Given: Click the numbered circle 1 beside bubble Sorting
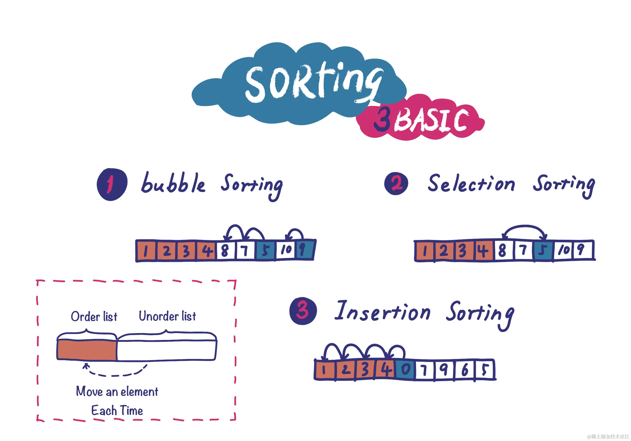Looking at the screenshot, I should point(112,185).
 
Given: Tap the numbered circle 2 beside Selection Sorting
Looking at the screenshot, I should point(396,184).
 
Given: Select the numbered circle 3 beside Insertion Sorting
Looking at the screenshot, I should point(303,311).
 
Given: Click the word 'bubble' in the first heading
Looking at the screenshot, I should point(173,183).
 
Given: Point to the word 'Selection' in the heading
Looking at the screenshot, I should point(471,183).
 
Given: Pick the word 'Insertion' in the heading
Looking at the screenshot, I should point(382,311).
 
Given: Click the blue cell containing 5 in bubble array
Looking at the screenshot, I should point(266,250).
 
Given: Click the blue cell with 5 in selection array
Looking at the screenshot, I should point(543,250).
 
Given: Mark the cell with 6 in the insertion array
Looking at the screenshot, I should point(465,370).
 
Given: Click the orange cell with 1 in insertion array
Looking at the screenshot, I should point(324,370).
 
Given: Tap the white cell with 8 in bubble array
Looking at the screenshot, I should point(225,250).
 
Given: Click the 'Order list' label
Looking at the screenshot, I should point(94,317).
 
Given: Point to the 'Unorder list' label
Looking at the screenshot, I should point(167,316).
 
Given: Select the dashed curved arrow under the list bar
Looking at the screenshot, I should point(115,374).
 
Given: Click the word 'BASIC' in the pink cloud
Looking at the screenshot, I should point(432,120).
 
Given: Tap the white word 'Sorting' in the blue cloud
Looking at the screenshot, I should point(313,82).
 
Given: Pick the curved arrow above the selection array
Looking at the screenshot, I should point(524,227).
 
